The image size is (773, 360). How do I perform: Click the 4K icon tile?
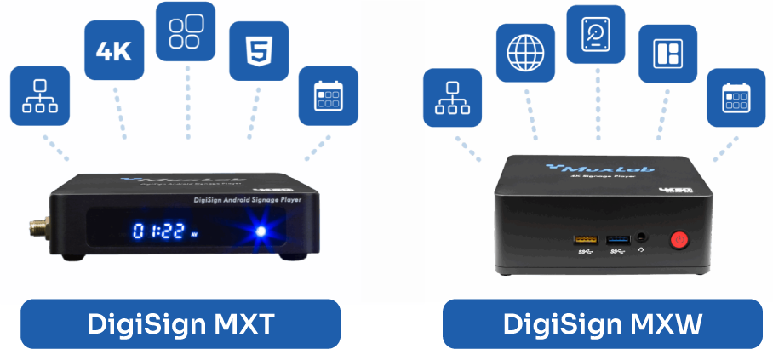coord(113,50)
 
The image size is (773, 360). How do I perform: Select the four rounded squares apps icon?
coord(186,31)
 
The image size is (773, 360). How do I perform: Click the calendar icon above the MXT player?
coord(328,95)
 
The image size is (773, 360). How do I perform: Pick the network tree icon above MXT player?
coord(39,96)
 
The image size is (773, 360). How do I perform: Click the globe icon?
coord(524,54)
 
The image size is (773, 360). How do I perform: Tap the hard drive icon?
coord(596,33)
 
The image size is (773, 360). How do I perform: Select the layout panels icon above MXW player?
coord(667,54)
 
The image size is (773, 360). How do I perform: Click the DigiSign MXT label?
coord(180,323)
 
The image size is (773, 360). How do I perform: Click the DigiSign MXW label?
coord(602,323)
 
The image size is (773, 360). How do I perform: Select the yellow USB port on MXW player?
coord(587,240)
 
